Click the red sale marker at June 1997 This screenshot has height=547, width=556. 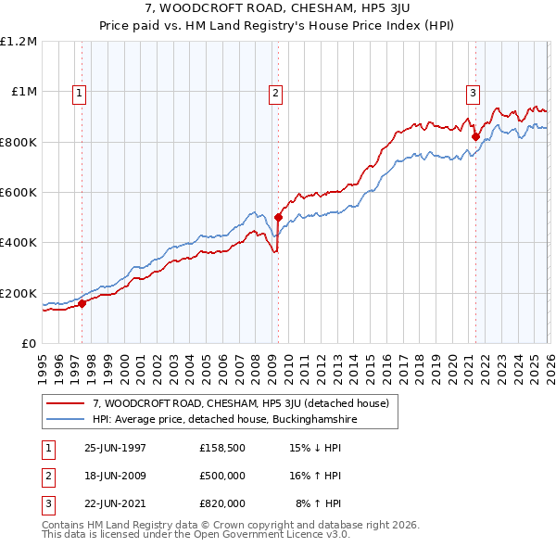tap(82, 303)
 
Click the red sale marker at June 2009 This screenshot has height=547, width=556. tap(278, 218)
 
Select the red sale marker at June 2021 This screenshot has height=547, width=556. tap(475, 137)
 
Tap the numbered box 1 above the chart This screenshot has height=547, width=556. tap(80, 92)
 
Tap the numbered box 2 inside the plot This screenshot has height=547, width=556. tap(276, 92)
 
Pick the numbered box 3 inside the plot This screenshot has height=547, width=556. tap(473, 92)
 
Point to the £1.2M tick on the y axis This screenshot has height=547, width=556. tap(18, 42)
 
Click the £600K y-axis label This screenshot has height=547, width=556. tap(18, 193)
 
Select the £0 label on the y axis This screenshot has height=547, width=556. tap(28, 344)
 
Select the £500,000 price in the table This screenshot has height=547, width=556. tap(222, 476)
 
